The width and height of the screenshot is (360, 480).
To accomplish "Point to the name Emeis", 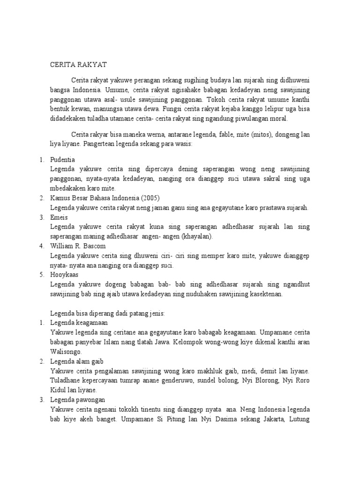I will pos(59,217).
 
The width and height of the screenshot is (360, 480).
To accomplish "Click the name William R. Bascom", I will pos(78,246).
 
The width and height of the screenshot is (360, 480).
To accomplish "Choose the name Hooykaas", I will pos(65,275).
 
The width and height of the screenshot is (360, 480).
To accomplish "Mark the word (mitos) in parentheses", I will pos(263,135).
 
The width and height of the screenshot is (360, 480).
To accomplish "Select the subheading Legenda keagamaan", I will pos(79,323).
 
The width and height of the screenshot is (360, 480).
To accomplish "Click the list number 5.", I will pos(41,275).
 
